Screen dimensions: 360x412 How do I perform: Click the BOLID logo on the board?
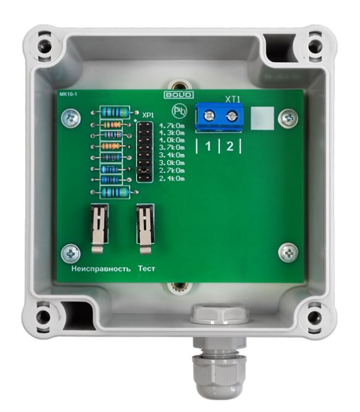point(179,95)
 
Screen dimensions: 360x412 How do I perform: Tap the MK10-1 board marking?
point(68,94)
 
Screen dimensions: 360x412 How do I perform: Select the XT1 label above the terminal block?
point(233,100)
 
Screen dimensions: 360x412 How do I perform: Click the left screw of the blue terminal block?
point(209,115)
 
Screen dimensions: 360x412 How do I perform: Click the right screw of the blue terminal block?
point(231,115)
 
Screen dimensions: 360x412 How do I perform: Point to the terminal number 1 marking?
point(208,146)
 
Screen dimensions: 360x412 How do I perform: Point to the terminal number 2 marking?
point(230,146)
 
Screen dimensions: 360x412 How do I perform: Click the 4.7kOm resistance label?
point(172,126)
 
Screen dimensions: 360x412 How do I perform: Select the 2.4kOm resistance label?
point(172,179)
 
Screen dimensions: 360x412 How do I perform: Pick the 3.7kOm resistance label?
point(172,147)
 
